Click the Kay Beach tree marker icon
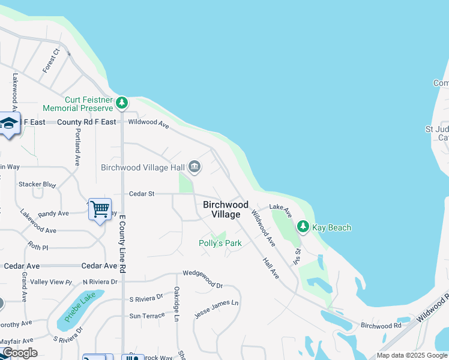click(x=303, y=227)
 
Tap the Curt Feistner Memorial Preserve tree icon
click(x=122, y=103)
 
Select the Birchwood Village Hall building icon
click(x=194, y=166)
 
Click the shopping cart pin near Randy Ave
click(x=100, y=209)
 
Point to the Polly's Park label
click(x=220, y=243)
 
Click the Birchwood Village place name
click(x=226, y=209)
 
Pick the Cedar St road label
click(x=142, y=194)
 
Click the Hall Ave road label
click(x=271, y=268)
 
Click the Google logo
click(x=20, y=353)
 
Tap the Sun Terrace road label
click(x=146, y=316)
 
